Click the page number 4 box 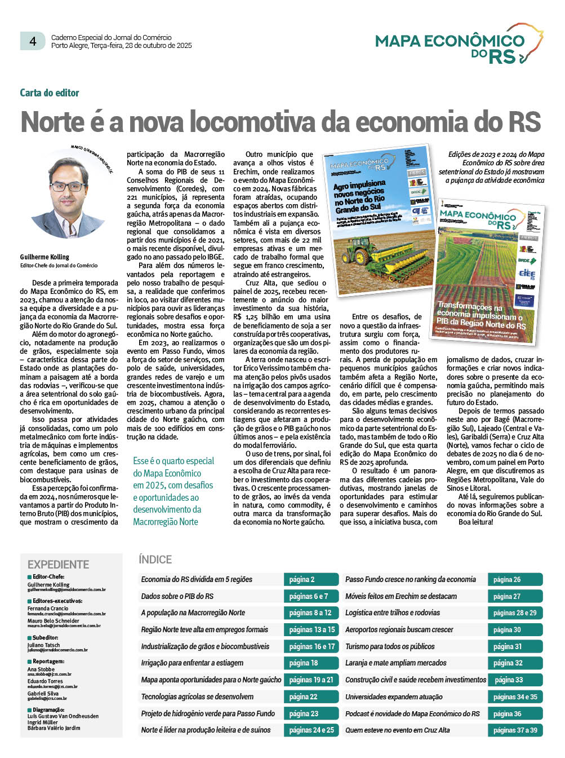click(33, 41)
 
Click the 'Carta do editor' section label click(50, 93)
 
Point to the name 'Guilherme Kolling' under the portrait click(45, 257)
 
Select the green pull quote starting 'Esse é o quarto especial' click(172, 491)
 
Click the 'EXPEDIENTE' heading click(58, 564)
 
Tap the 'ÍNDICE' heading click(155, 559)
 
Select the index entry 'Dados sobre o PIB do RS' click(177, 596)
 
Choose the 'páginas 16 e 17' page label click(311, 646)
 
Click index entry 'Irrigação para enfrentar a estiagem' click(192, 663)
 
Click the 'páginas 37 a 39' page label click(515, 730)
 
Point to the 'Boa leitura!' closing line click(475, 522)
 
